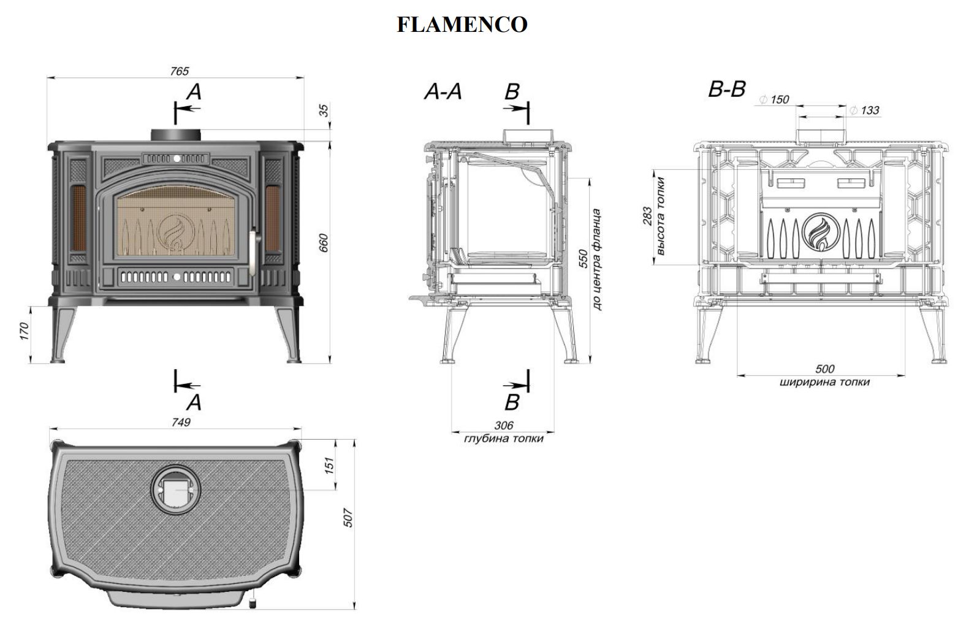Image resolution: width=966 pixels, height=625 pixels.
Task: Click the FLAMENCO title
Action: click(462, 25)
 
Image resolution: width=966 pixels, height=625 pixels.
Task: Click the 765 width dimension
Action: click(179, 71)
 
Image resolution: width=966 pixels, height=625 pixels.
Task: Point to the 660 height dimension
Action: click(324, 243)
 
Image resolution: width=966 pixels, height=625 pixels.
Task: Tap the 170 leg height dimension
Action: click(25, 332)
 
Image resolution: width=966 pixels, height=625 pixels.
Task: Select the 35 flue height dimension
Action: click(324, 110)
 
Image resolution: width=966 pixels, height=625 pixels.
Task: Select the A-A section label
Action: click(443, 92)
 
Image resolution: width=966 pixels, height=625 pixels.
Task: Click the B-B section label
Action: click(726, 90)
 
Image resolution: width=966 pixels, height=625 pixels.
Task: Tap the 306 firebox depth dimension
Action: click(503, 425)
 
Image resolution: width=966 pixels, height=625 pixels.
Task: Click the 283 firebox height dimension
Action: click(648, 217)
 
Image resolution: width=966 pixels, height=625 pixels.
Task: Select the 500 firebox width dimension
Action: click(825, 369)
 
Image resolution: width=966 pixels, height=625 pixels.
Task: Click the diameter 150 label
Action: click(775, 99)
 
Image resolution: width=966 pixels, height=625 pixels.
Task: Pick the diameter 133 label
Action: click(865, 110)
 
